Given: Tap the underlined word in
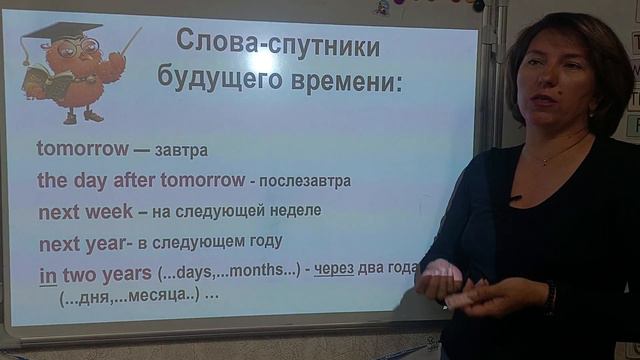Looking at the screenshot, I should click(x=47, y=275).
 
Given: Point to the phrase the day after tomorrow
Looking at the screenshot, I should click(x=140, y=181).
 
